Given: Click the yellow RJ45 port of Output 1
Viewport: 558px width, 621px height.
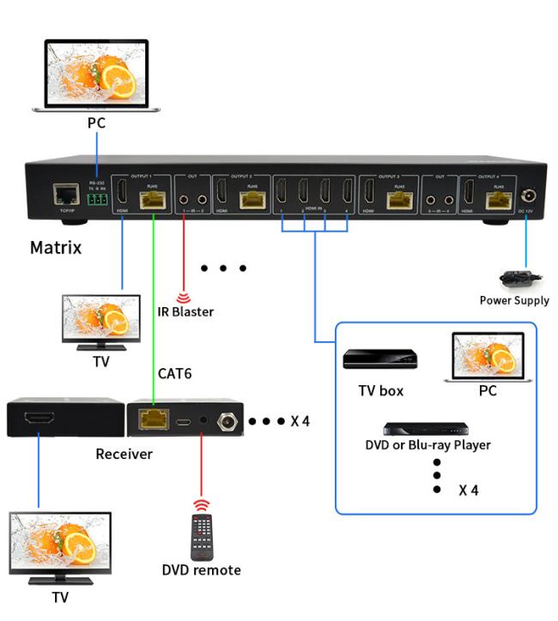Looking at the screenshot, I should (x=153, y=199).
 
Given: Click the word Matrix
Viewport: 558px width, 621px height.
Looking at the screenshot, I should (x=56, y=248).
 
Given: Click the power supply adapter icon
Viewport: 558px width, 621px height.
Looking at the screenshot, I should (x=516, y=278).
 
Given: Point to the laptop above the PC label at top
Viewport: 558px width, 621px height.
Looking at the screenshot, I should (x=96, y=75).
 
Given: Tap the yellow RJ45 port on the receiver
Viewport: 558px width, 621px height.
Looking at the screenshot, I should (x=154, y=420).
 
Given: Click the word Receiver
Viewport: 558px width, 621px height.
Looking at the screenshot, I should (x=124, y=454).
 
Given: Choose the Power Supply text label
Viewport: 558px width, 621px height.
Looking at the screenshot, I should (x=514, y=300).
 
